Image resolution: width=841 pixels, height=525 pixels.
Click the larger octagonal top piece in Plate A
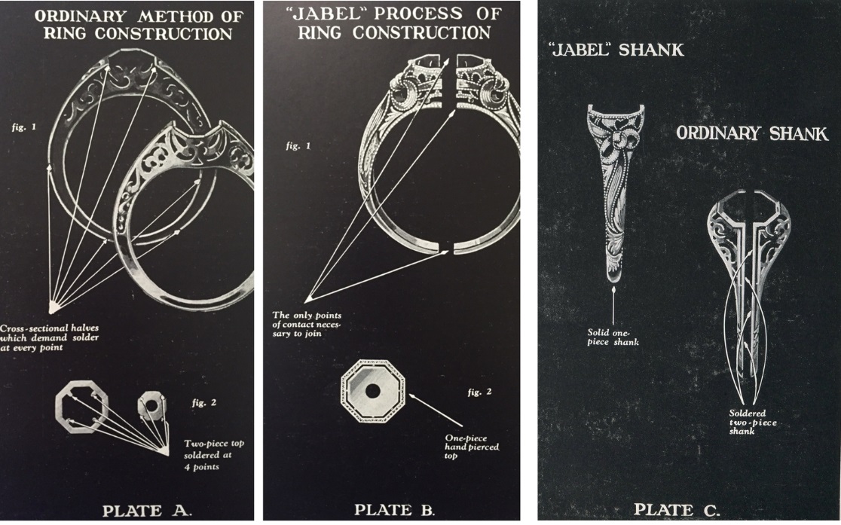click(81, 408)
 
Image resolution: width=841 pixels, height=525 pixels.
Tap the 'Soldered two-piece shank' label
click(753, 423)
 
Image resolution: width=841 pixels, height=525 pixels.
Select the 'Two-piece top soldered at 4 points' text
click(205, 454)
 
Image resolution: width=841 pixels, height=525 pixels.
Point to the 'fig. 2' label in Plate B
click(480, 392)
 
